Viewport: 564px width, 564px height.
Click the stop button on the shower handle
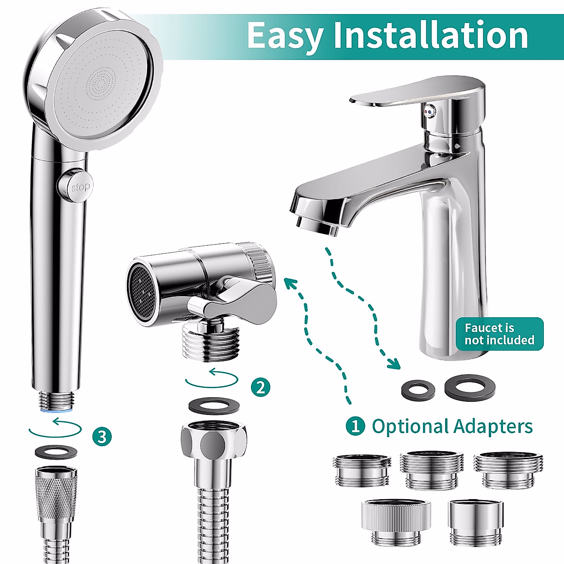80,187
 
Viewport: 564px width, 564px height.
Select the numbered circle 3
102,437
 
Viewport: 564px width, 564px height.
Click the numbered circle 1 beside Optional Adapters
355,426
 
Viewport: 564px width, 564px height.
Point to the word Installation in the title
431,35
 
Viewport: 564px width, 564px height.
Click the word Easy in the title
285,35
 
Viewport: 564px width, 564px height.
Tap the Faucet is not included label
499,334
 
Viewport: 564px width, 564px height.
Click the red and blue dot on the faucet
429,111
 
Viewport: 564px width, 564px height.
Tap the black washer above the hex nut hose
213,406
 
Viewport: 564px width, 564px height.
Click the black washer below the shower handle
56,452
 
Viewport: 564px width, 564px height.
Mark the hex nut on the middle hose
214,441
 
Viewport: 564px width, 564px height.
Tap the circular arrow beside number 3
55,428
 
